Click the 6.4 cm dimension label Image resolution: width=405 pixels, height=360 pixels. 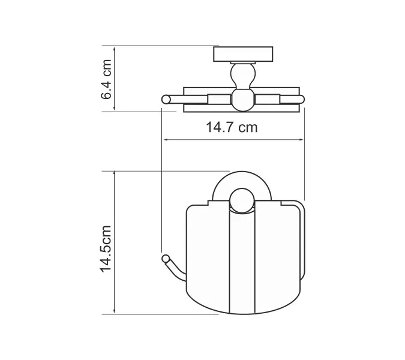tap(107, 79)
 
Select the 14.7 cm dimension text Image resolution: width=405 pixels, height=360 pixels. tap(232, 127)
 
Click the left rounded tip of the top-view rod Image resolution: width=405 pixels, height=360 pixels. tap(165, 99)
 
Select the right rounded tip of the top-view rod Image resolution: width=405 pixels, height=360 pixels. tap(301, 99)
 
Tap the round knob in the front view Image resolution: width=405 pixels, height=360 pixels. tap(242, 200)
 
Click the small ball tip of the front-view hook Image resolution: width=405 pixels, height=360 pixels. tap(163, 258)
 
